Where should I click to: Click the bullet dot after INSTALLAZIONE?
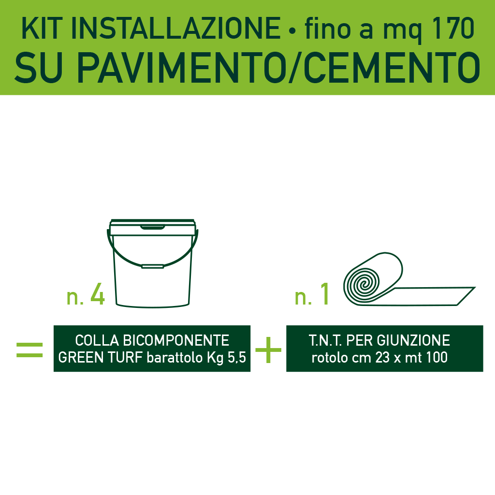click(291, 31)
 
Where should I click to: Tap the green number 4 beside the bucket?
click(97, 295)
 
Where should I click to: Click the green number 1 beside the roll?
click(324, 295)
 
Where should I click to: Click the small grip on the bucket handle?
click(153, 265)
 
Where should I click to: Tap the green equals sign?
click(29, 350)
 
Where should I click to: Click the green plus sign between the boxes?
click(268, 350)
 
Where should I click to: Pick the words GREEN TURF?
click(94, 357)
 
